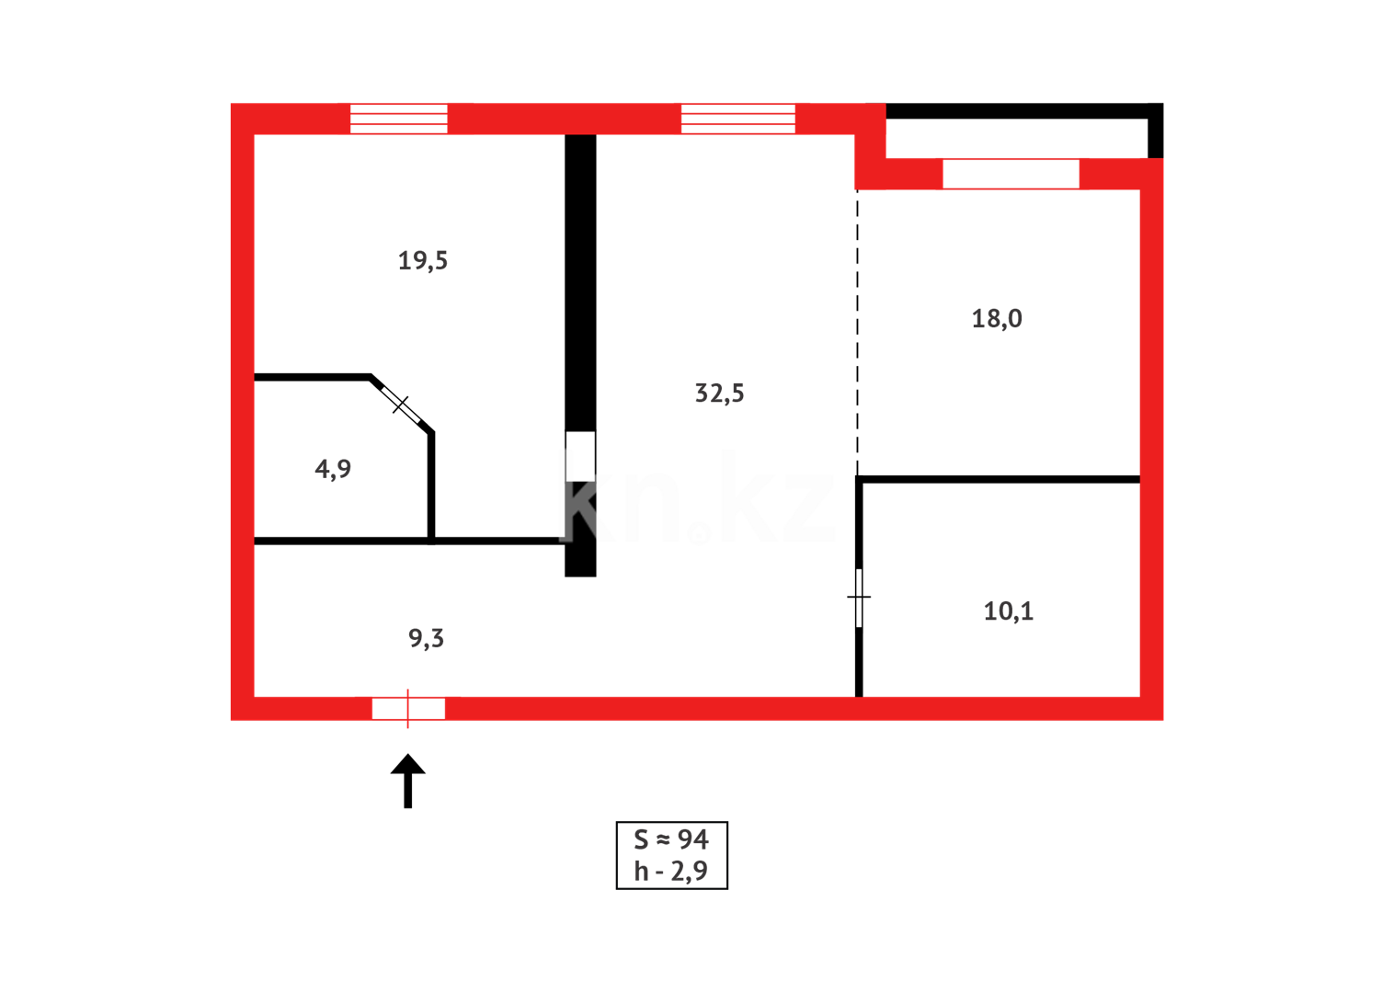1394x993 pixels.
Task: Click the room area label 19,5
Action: click(x=422, y=261)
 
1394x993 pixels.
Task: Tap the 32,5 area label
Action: click(x=719, y=394)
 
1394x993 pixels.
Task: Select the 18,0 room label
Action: click(x=997, y=319)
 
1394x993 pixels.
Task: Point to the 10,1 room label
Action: click(x=1008, y=611)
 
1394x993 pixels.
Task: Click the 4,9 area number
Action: click(x=333, y=469)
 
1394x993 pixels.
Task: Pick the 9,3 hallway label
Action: click(x=426, y=638)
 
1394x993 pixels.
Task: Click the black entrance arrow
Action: click(x=407, y=781)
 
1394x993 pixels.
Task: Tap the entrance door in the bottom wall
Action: click(x=408, y=708)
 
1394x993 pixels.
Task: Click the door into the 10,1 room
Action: click(x=859, y=598)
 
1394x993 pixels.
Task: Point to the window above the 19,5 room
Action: click(x=398, y=119)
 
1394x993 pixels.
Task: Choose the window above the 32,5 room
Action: click(x=737, y=119)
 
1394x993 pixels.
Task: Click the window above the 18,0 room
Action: click(x=1011, y=174)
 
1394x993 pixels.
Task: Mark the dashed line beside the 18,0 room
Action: click(x=857, y=331)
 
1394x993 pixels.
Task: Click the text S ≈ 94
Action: click(x=671, y=839)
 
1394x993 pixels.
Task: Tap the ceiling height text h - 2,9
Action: click(x=671, y=871)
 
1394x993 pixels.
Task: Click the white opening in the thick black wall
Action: click(x=580, y=456)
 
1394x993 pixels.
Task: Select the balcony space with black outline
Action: click(x=1016, y=138)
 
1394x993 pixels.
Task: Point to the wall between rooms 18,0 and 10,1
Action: click(x=999, y=479)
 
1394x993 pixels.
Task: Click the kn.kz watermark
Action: click(x=699, y=501)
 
